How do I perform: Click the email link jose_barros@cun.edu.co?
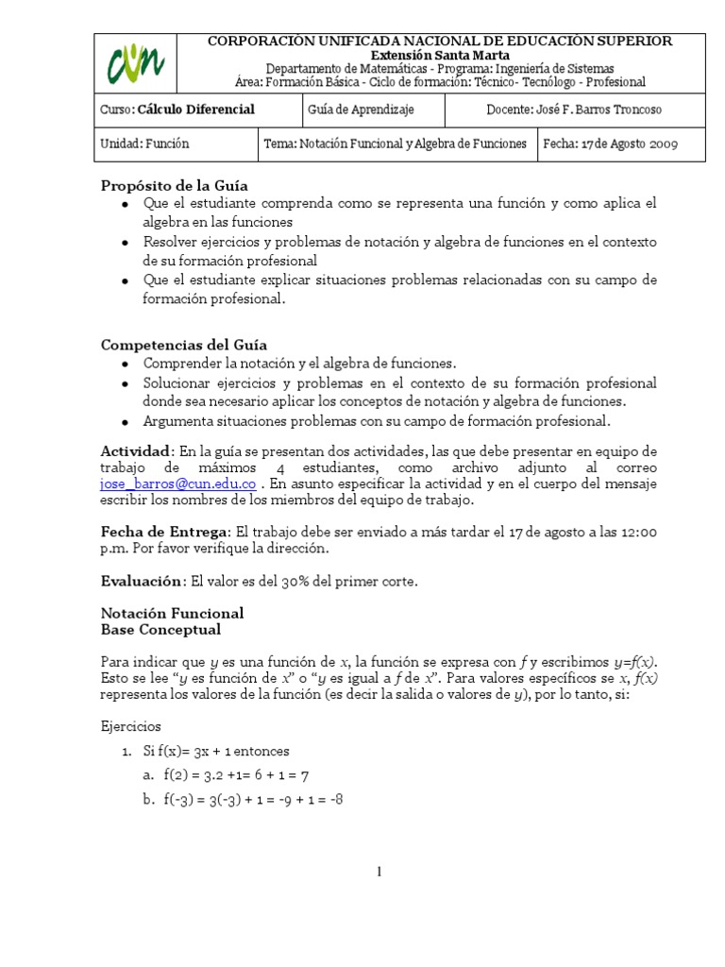tap(177, 483)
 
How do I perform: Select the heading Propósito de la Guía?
tap(175, 185)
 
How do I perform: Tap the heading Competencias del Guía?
tap(184, 346)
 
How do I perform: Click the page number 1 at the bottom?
tap(379, 872)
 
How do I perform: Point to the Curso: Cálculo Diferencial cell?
tap(177, 110)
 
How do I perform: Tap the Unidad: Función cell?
tap(144, 144)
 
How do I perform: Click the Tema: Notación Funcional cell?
tap(396, 144)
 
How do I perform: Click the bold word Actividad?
tap(136, 450)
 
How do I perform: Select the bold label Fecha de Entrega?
tap(164, 533)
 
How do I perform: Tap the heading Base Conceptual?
tap(160, 629)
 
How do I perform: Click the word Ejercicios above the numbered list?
tap(131, 727)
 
